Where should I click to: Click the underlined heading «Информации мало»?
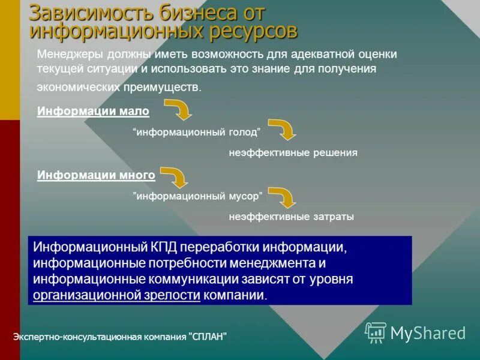coord(93,112)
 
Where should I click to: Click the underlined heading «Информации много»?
coord(96,175)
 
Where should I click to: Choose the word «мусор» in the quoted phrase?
coord(242,196)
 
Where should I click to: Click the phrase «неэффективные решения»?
coord(293,153)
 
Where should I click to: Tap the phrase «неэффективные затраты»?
coord(291,217)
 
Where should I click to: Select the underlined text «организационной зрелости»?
coord(116,295)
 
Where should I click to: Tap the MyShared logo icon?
coord(376,332)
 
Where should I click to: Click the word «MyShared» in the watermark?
coord(428,333)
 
